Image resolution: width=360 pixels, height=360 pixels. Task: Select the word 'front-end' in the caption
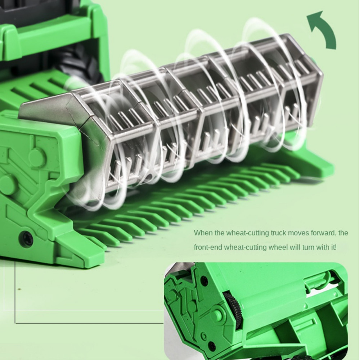point(208,248)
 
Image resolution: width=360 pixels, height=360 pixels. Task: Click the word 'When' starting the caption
point(203,233)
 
